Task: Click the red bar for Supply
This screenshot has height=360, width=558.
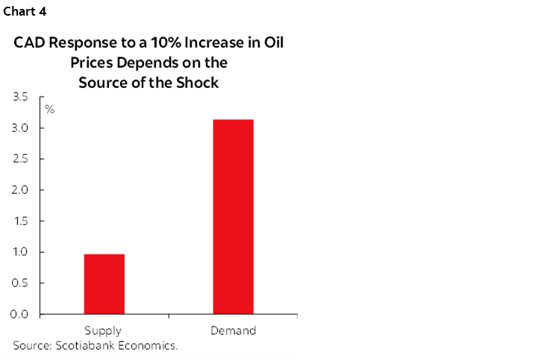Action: (104, 284)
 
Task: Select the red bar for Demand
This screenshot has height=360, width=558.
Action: (233, 216)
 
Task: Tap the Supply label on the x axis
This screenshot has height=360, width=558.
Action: (103, 330)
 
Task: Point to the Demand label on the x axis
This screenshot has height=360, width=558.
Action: (233, 330)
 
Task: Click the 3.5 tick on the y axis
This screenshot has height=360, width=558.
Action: (21, 97)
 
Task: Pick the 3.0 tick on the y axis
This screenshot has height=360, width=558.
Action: (21, 128)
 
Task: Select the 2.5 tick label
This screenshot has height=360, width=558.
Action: (21, 159)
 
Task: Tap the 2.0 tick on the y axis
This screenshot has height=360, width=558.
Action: (21, 190)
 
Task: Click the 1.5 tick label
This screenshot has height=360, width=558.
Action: (21, 221)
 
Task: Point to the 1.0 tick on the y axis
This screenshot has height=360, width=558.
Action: (21, 252)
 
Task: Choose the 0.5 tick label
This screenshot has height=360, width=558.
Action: (21, 283)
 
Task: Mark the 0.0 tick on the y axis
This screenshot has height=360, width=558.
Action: (21, 314)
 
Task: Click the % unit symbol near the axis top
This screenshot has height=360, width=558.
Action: (50, 110)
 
